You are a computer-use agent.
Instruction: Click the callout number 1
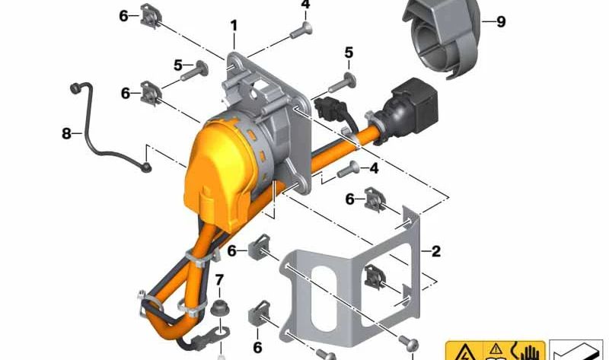click(x=234, y=26)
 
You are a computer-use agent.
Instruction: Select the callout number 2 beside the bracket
click(x=436, y=251)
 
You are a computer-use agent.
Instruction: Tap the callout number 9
click(x=501, y=22)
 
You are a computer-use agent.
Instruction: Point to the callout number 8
click(x=67, y=134)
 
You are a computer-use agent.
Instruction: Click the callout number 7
click(x=219, y=279)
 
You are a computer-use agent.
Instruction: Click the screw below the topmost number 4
click(x=301, y=30)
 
